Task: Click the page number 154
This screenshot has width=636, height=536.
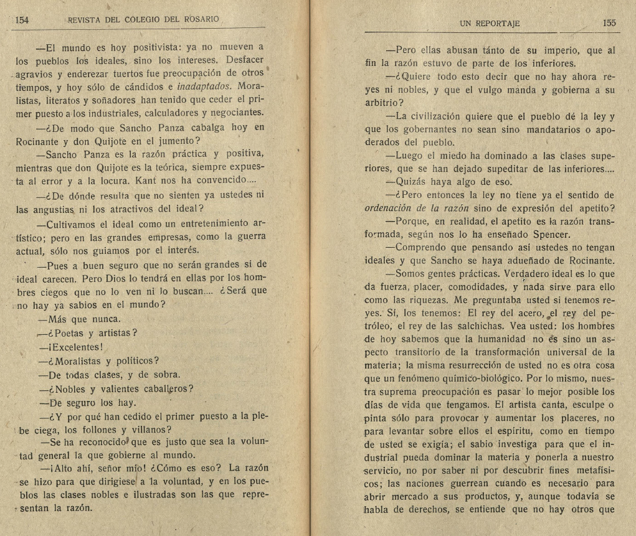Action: click(x=22, y=19)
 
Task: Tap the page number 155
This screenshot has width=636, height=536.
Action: click(x=609, y=23)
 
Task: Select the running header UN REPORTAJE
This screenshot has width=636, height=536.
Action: click(x=489, y=24)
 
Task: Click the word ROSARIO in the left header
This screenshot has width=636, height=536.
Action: click(x=201, y=19)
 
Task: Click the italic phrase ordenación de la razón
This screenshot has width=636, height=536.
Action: click(x=415, y=208)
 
